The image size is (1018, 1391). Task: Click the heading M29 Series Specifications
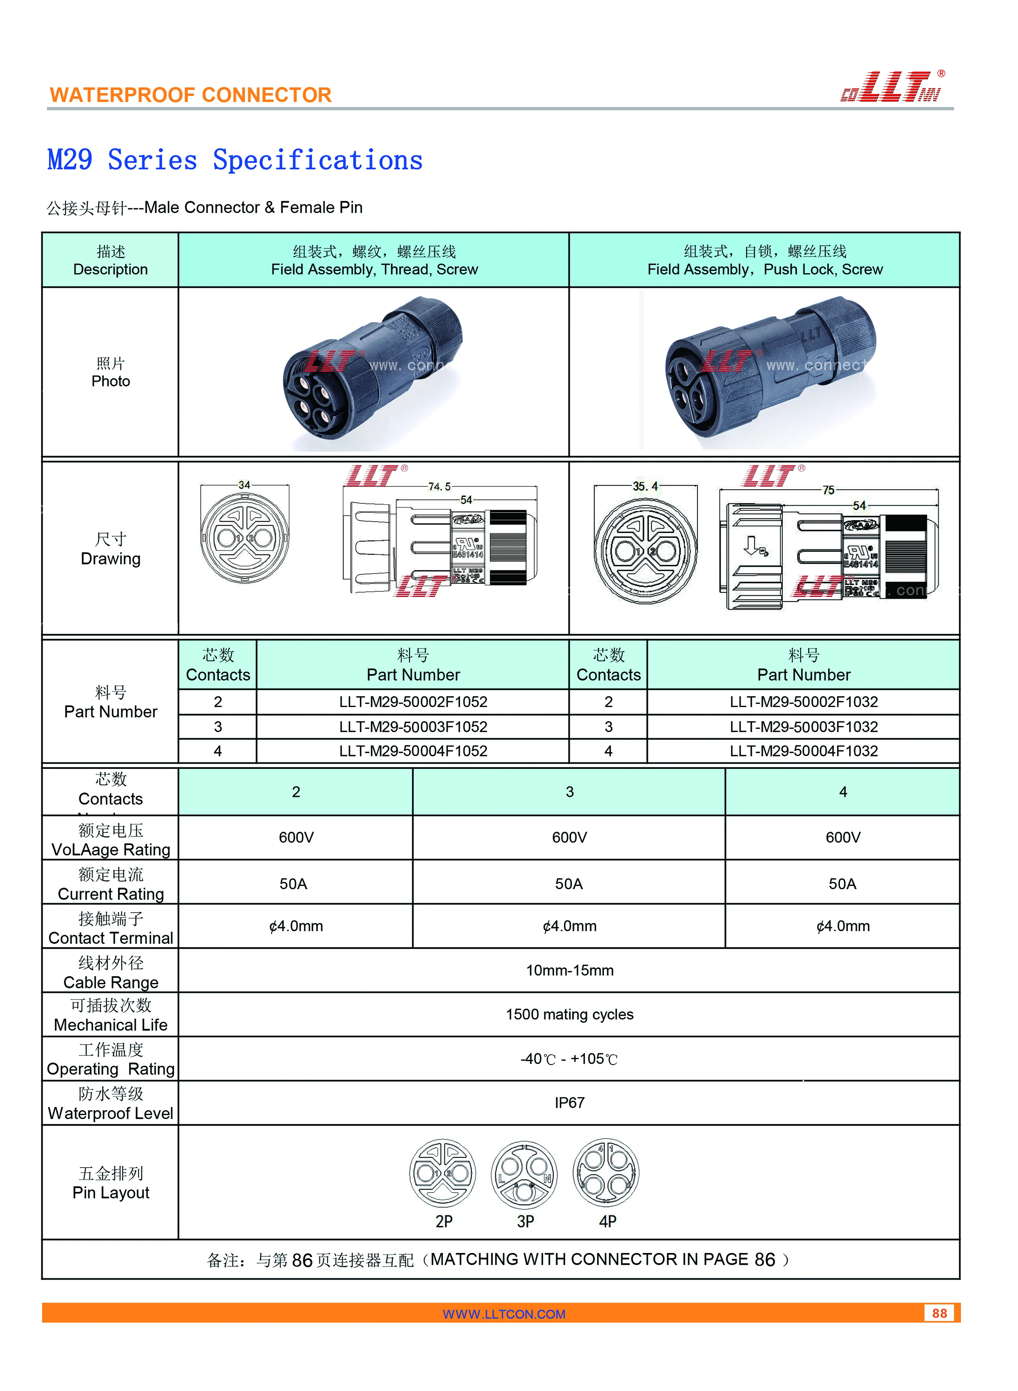[235, 160]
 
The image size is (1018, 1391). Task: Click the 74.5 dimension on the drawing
[439, 486]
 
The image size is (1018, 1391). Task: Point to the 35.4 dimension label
[645, 486]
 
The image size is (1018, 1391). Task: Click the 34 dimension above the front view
[244, 485]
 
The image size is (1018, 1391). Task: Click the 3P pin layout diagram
[525, 1174]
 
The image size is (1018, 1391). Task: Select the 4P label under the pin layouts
[608, 1221]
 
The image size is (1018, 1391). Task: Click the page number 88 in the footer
[939, 1313]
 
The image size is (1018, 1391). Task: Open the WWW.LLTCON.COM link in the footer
[504, 1314]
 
